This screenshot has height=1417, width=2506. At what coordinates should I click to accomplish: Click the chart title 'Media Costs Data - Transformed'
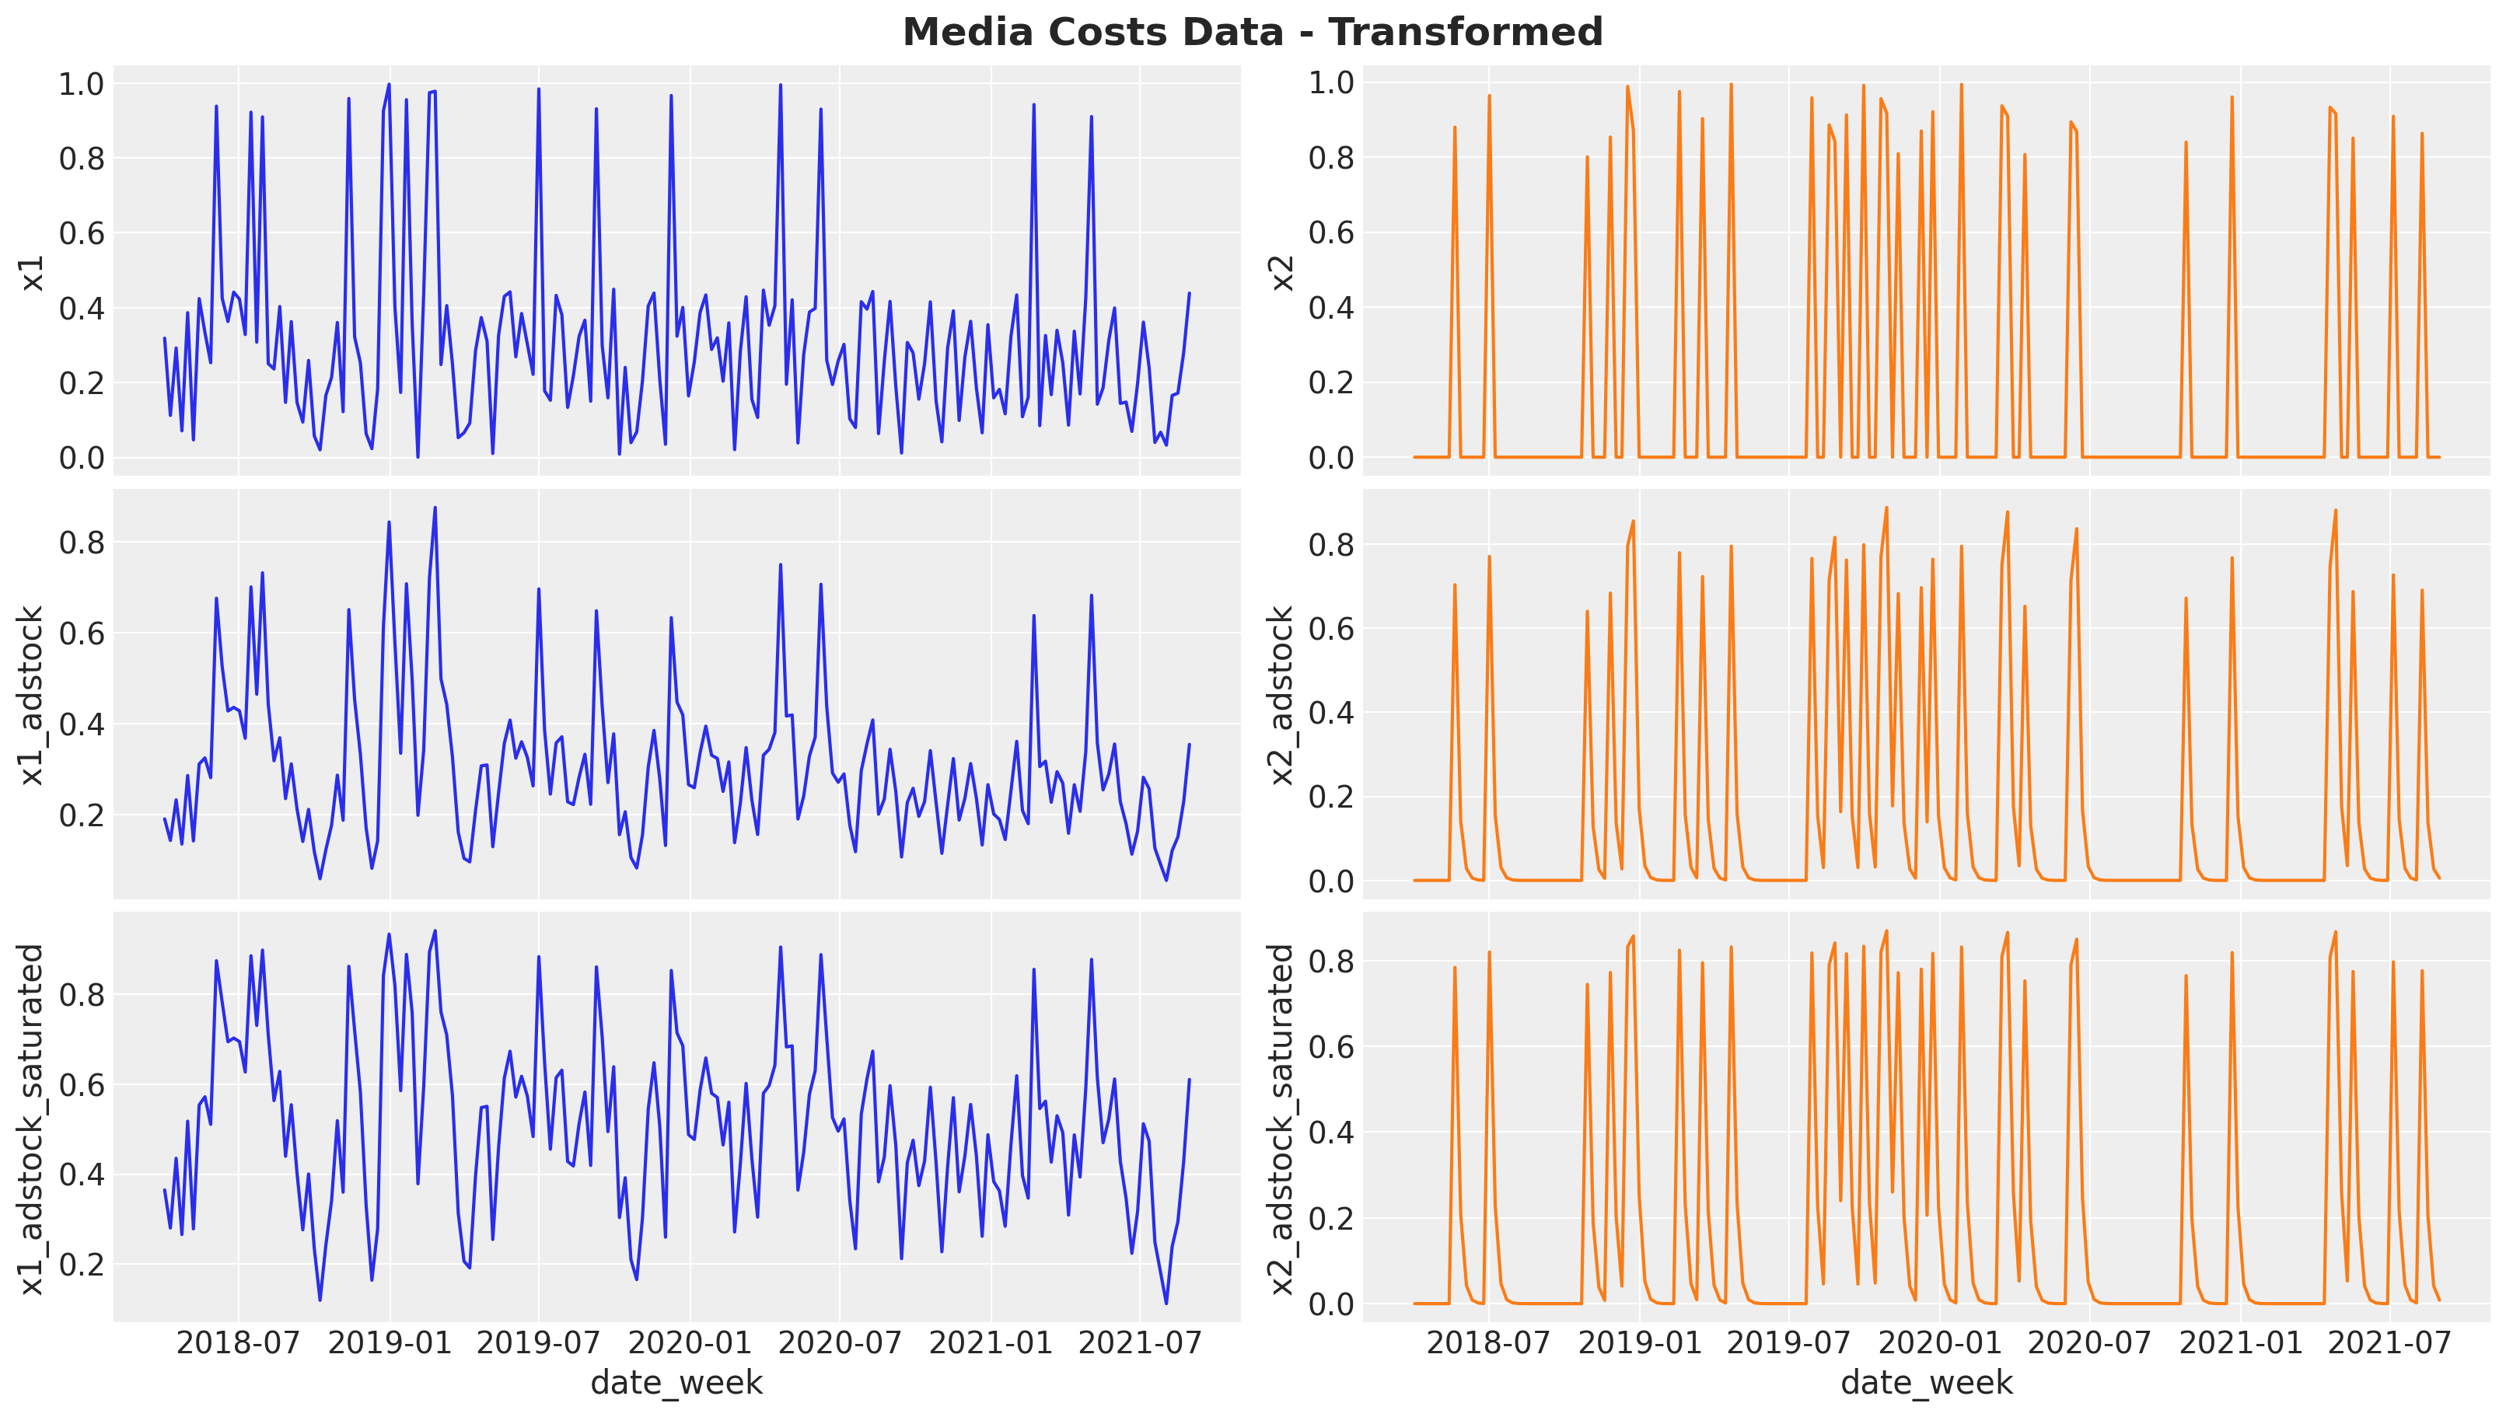click(1253, 32)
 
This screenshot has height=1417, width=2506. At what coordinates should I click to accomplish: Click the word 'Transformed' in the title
click(1466, 32)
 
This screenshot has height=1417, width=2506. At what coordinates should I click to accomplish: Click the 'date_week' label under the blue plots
click(676, 1382)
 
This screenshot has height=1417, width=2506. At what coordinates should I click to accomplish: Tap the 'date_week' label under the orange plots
click(1927, 1382)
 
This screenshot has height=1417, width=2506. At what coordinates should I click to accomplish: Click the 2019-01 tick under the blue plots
click(390, 1344)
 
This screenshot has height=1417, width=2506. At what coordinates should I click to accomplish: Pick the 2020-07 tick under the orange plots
click(2089, 1344)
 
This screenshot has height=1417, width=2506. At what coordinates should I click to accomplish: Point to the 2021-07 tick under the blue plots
click(1141, 1344)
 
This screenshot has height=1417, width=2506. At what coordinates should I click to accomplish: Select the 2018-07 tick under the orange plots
click(1488, 1344)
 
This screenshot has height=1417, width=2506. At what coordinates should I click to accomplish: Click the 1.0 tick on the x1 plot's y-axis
click(81, 84)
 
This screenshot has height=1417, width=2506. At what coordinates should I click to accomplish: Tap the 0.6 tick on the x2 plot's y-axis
click(1331, 232)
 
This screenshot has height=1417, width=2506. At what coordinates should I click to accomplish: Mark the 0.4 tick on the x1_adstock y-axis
click(81, 724)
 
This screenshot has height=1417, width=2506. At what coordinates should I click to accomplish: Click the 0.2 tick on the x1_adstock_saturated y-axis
click(81, 1264)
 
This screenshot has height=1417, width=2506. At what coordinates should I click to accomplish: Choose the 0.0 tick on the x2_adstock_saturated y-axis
click(1331, 1304)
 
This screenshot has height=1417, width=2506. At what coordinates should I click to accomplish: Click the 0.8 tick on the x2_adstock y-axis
click(1331, 544)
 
